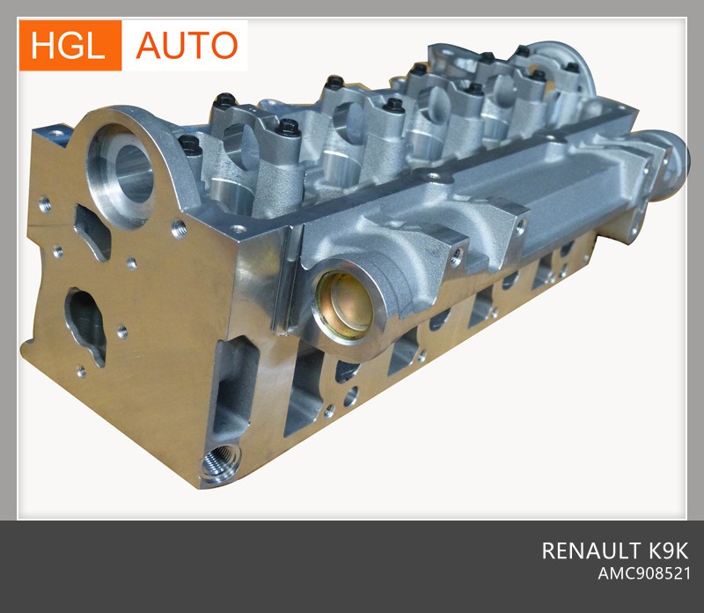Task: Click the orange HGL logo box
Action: coord(70,46)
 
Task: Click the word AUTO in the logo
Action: coord(187,46)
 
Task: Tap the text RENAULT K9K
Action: coord(614,551)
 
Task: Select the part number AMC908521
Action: coord(644,574)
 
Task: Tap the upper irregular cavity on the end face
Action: coord(92,232)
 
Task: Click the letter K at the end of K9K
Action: coord(679,551)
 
